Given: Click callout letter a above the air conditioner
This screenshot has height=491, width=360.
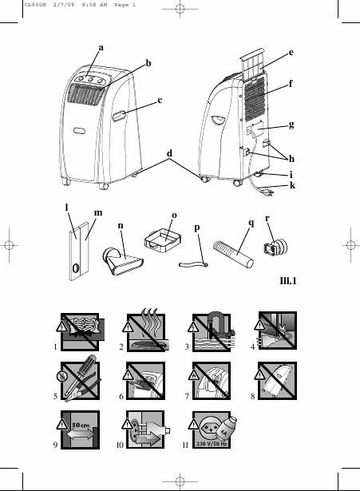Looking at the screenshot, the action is (x=101, y=48).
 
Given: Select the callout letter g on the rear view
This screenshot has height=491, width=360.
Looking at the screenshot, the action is (x=291, y=125).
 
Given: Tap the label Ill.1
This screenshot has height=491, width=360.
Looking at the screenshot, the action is (x=288, y=280).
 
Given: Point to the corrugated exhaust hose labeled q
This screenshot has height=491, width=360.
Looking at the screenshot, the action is (x=233, y=254).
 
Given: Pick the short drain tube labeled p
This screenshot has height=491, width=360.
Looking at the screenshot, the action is (x=193, y=265).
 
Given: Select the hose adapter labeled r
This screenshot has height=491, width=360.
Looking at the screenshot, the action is (x=275, y=247).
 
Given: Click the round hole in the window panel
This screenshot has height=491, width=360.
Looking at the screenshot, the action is (x=76, y=268).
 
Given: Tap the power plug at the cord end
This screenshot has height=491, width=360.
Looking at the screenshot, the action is (x=268, y=192).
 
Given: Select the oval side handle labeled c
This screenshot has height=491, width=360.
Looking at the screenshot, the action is (x=119, y=116).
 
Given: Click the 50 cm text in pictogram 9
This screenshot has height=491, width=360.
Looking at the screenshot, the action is (x=81, y=426).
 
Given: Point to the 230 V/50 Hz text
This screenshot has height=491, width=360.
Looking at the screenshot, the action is (x=212, y=444).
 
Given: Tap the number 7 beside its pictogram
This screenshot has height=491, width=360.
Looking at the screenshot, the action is (x=187, y=397).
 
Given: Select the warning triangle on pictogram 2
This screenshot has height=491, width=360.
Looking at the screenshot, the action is (x=128, y=327).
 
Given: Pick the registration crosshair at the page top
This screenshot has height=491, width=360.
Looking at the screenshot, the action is (x=180, y=9).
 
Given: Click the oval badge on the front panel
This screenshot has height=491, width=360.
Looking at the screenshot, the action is (x=80, y=131).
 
